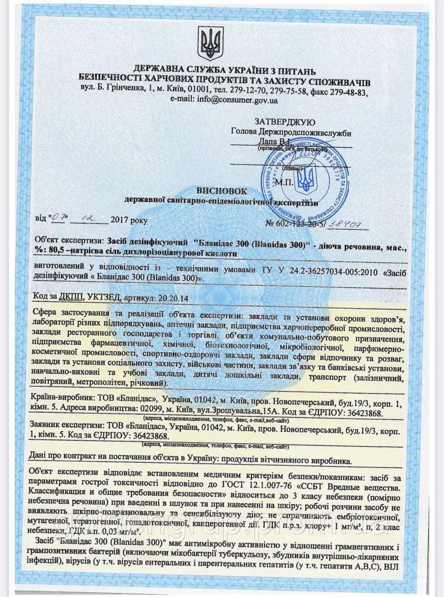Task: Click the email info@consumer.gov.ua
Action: pos(238,99)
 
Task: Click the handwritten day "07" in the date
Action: pos(59,217)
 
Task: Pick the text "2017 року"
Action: pos(130,220)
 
